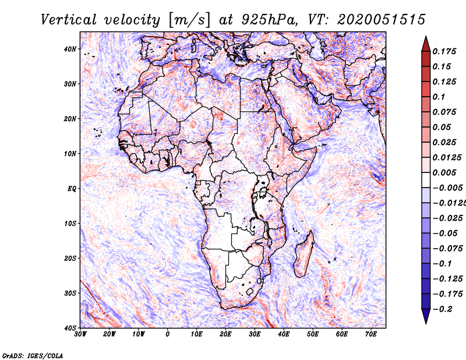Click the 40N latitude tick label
70,49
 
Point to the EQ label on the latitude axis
72,189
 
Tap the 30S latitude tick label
70,294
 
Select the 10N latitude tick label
70,154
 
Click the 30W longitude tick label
80,334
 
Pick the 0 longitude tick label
168,334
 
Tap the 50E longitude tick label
313,334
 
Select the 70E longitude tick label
370,334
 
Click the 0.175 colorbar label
444,51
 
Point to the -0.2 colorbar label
443,309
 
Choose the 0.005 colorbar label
444,172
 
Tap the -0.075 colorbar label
447,249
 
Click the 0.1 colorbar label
439,97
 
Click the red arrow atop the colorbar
426,44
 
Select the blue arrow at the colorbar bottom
426,316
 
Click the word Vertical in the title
69,20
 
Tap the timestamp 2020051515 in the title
381,20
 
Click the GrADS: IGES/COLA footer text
33,356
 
